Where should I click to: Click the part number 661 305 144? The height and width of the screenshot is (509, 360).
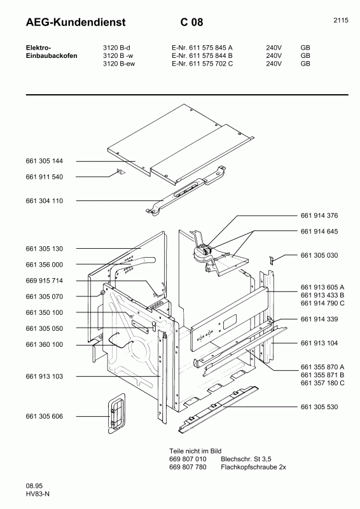[44, 161]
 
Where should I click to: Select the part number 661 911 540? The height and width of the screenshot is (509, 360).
[44, 177]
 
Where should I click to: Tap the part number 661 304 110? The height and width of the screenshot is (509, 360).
[44, 201]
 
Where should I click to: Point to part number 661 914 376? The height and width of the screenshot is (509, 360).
[319, 216]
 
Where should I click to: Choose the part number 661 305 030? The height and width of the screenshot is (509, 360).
[319, 256]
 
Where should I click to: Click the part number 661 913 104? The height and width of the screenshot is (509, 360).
[319, 343]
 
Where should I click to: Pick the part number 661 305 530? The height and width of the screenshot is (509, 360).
[319, 407]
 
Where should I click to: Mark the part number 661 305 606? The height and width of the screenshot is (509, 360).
[44, 417]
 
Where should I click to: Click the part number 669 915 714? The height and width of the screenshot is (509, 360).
[44, 281]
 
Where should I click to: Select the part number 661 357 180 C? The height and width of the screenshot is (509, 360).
[322, 383]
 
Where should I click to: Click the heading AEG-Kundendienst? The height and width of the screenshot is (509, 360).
[76, 22]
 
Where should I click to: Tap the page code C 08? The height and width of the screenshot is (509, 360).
[192, 22]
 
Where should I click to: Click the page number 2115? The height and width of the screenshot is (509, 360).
[341, 20]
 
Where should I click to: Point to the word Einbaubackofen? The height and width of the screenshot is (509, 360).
[52, 56]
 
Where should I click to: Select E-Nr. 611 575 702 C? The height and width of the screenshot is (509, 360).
[202, 64]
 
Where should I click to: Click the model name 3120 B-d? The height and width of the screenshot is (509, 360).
[116, 48]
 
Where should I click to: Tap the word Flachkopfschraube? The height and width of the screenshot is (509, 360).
[249, 467]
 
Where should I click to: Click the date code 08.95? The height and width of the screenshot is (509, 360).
[34, 486]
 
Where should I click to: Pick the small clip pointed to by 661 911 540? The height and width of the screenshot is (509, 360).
[120, 172]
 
